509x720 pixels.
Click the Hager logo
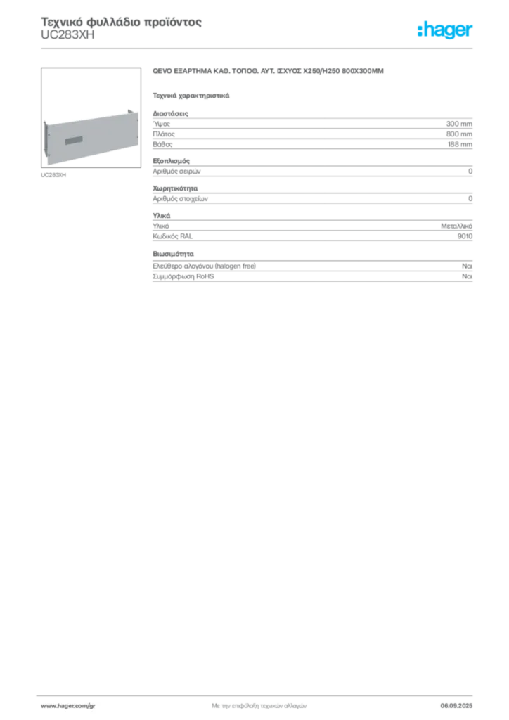pos(445,30)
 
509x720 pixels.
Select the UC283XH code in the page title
pos(67,35)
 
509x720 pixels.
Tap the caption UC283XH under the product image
pos(53,175)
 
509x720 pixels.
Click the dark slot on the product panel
pos(74,140)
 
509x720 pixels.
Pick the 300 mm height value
pos(459,124)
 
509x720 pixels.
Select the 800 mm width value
pos(459,134)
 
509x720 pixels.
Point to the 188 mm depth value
pos(460,144)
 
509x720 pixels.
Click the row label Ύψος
pos(161,124)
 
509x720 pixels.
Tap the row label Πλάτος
pos(164,134)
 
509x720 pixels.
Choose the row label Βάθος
pos(162,144)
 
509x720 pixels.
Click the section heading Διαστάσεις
pos(170,113)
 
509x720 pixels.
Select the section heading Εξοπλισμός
pos(172,161)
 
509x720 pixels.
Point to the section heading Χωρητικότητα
pos(175,188)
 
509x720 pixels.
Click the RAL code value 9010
pos(465,236)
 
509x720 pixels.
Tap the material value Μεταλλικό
pos(457,226)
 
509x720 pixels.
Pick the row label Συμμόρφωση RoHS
pos(183,276)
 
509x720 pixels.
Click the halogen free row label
pos(205,266)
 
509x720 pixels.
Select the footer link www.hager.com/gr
pos(68,706)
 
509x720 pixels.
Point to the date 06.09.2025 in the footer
pos(456,706)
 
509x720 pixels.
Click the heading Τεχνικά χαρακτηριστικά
pos(191,96)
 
